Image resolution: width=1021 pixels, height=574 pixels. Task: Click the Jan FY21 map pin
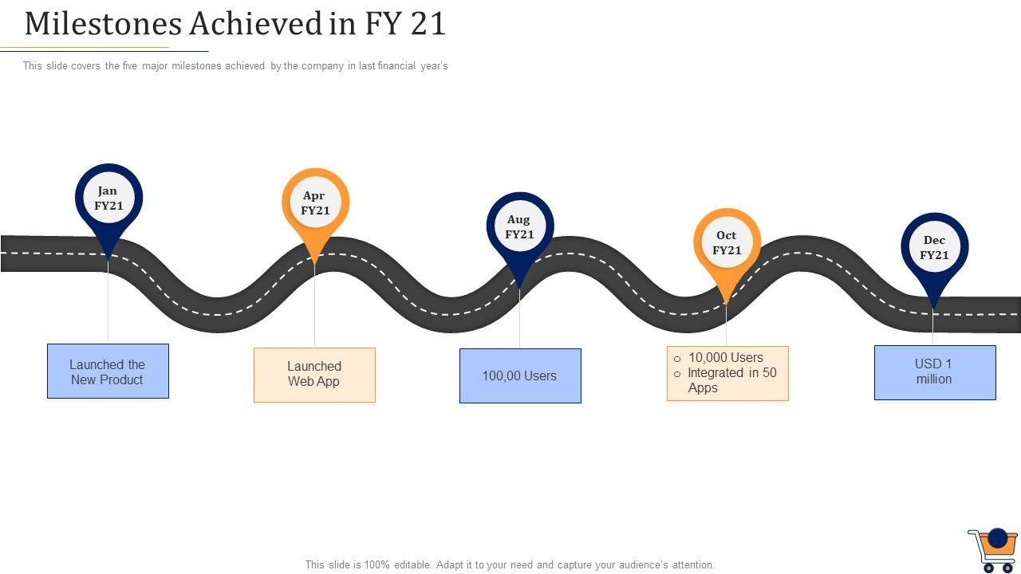coord(108,199)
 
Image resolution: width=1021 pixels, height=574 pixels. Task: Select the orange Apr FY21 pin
coord(315,204)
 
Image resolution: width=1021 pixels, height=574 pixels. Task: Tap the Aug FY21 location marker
coord(519,228)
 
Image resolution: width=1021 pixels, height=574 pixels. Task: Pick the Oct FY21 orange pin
coord(727,243)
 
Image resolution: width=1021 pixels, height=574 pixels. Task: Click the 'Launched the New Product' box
coord(108,372)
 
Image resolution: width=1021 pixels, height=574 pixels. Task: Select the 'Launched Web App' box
coord(314,375)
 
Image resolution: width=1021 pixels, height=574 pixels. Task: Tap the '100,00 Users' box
coord(520,375)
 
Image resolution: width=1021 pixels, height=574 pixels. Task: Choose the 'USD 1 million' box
coord(935,372)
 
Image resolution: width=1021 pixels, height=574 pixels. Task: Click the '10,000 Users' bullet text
coord(725,358)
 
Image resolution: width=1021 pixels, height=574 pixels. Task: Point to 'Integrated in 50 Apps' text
coord(731,380)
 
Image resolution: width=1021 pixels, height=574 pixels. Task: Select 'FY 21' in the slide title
coord(405,24)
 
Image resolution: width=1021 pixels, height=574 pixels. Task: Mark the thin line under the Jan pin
coord(108,303)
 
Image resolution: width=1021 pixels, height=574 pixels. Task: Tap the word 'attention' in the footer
coord(692,564)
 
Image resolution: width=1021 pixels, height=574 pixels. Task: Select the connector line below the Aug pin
coord(519,319)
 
